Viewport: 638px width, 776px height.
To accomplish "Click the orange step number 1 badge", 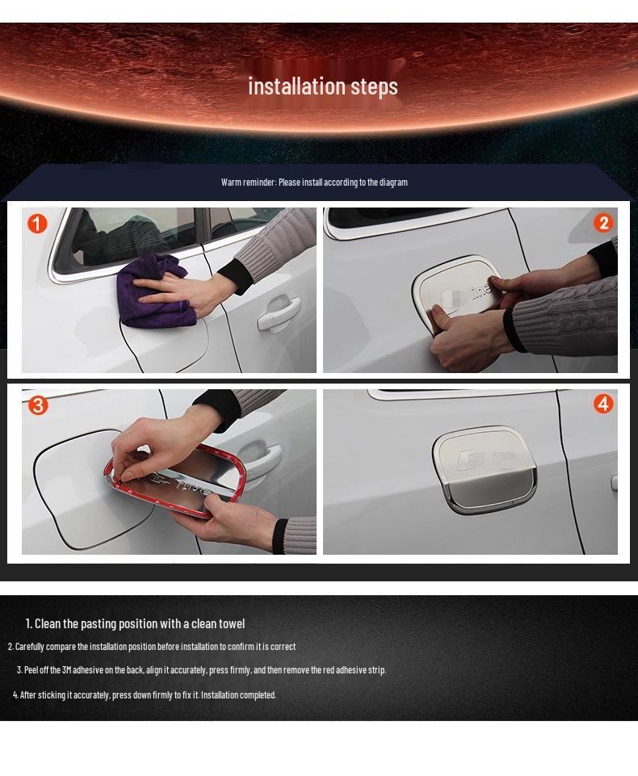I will (x=38, y=224).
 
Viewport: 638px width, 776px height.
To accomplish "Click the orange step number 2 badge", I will (x=603, y=224).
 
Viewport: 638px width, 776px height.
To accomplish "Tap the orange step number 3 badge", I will (x=38, y=405).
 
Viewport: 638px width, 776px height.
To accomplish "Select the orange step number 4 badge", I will (x=603, y=404).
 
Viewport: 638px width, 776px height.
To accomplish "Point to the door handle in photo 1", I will (x=278, y=312).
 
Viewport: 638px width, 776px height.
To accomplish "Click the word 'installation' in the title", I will (x=296, y=86).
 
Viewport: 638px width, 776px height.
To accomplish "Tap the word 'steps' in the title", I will (x=374, y=86).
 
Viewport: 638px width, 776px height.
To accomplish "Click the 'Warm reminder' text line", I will (x=314, y=182).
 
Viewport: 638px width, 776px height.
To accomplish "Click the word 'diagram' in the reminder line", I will (x=393, y=182).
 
